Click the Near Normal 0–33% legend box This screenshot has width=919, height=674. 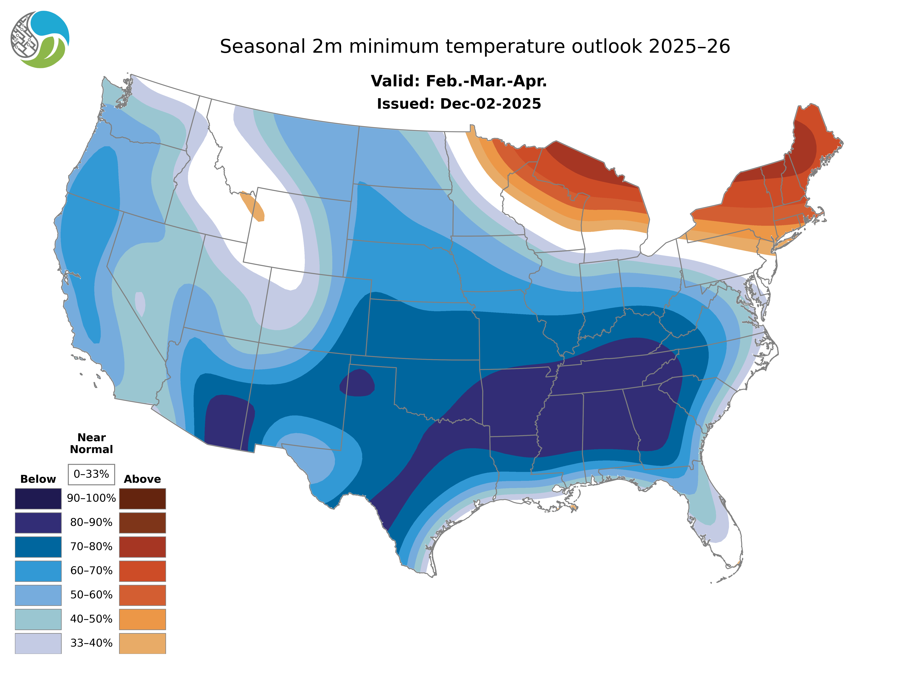(x=91, y=474)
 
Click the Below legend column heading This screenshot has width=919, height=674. (x=38, y=479)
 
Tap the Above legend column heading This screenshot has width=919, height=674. (x=142, y=479)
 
